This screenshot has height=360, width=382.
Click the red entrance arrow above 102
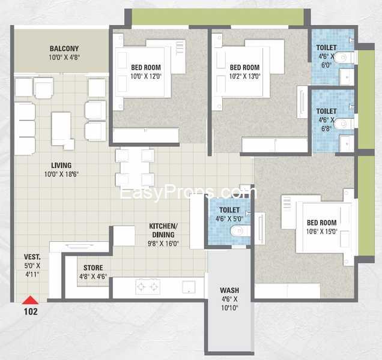pos(30,300)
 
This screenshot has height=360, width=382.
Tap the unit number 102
pos(31,311)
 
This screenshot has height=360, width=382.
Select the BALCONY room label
pos(64,49)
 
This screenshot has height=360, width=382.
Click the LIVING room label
pos(61,165)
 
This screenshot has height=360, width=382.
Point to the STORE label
pos(93,268)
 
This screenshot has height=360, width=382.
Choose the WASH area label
pos(229,290)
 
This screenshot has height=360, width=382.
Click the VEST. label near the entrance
pos(32,257)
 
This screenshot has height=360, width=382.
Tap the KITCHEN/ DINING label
pos(163,230)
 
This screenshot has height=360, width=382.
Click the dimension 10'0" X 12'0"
pos(146,76)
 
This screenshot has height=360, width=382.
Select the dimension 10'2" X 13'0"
pos(245,76)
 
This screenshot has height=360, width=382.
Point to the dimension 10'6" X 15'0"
pos(321,232)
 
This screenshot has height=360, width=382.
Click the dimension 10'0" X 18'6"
pos(61,174)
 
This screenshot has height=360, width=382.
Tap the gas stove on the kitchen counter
pos(148,287)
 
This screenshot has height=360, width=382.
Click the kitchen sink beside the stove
pos(189,287)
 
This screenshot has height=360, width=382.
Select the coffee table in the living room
pos(62,130)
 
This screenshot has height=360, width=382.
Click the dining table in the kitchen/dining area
pos(135,167)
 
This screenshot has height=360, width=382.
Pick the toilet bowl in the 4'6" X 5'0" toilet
pos(240,231)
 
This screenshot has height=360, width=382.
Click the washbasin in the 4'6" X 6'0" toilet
pos(347,77)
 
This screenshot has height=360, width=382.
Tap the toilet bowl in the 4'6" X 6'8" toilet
pos(344,124)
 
